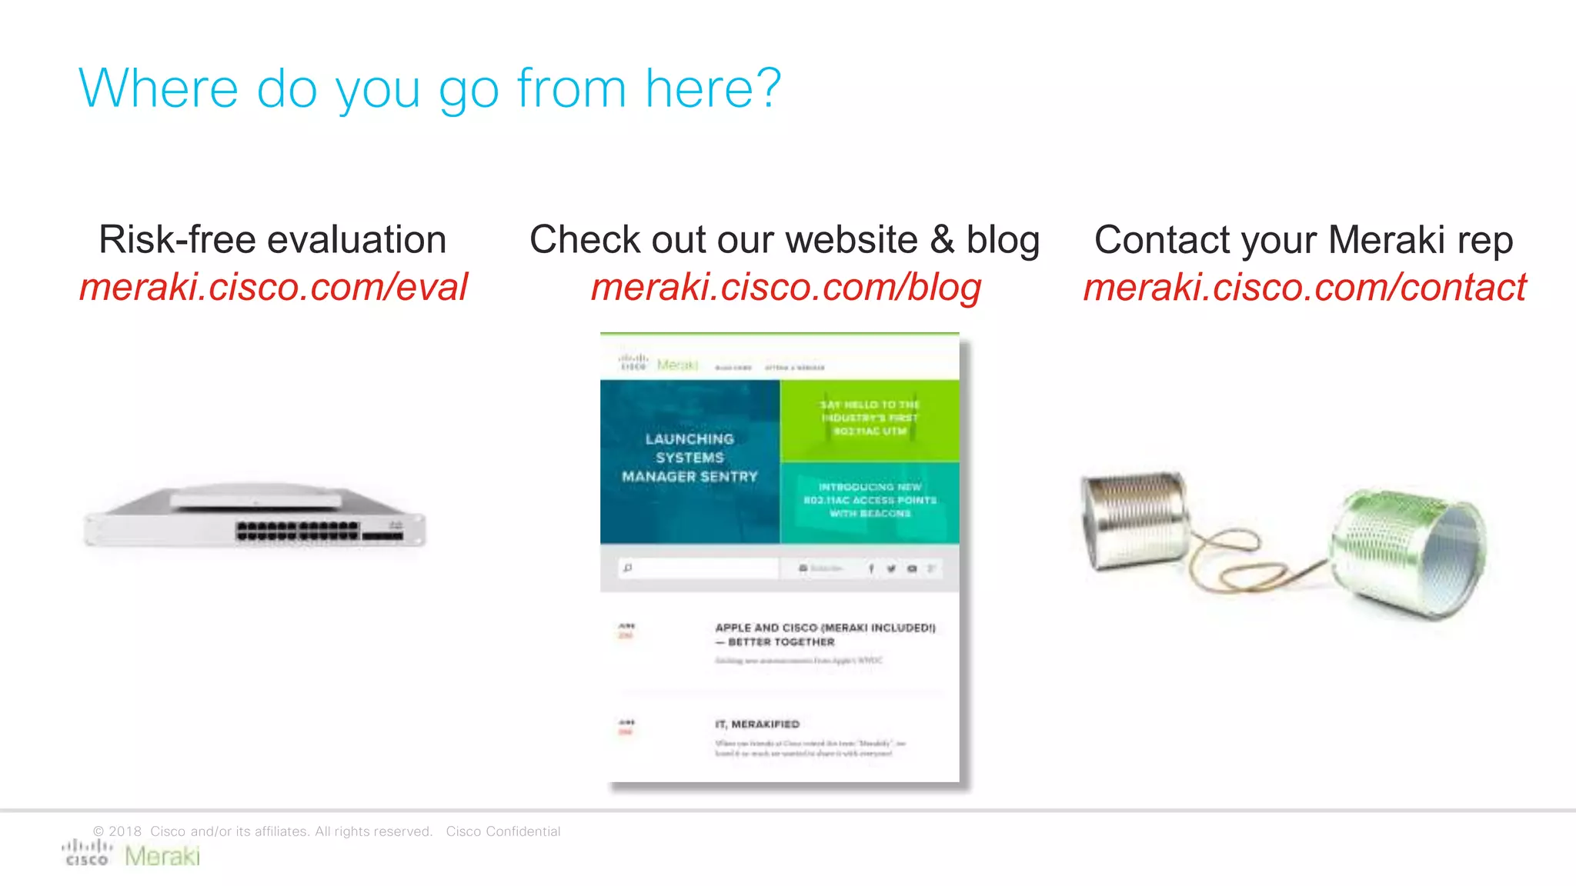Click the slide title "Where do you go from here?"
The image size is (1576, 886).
click(x=429, y=88)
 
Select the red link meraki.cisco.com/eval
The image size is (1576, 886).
click(x=273, y=288)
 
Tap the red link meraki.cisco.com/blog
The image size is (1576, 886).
click(x=786, y=288)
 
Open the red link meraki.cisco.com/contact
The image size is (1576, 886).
click(x=1304, y=288)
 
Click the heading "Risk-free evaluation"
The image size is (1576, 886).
click(x=272, y=239)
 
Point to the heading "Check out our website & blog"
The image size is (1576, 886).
click(x=784, y=239)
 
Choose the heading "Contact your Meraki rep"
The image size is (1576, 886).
click(x=1304, y=239)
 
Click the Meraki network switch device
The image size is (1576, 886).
click(x=255, y=516)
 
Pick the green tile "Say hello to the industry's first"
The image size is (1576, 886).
click(x=870, y=419)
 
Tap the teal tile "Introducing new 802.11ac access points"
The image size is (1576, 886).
click(x=870, y=501)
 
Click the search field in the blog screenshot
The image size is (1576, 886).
click(x=700, y=568)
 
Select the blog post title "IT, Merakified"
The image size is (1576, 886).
click(x=757, y=724)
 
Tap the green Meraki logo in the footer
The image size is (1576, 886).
click(x=162, y=856)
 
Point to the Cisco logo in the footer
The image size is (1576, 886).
click(x=87, y=853)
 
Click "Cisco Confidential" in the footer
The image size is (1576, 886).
click(x=503, y=831)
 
